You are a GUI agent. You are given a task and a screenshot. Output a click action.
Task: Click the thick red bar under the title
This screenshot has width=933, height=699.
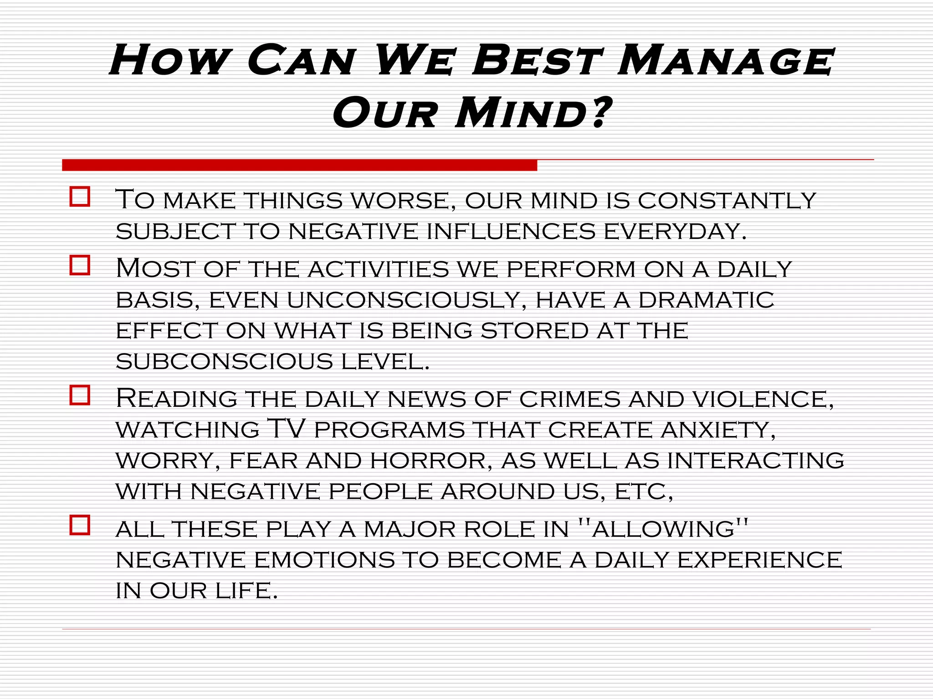299,165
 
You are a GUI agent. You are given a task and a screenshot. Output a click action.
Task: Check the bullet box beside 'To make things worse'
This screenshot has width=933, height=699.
80,197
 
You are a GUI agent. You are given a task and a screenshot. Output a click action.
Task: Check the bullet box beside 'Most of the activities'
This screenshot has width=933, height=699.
80,265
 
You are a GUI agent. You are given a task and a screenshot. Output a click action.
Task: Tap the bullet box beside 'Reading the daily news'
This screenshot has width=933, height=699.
80,395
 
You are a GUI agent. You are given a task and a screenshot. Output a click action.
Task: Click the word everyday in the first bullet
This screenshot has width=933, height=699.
675,231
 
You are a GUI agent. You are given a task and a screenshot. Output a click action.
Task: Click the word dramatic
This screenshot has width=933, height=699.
706,300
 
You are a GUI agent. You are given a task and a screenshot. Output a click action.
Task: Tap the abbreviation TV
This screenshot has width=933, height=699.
286,428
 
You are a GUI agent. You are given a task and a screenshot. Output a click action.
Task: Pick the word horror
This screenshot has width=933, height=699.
431,461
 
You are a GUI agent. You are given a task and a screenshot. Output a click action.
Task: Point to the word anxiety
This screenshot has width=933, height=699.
718,430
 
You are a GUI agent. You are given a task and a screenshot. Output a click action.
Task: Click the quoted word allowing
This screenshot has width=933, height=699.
663,529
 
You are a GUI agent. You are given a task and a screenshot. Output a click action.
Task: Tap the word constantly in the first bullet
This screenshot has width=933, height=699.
727,201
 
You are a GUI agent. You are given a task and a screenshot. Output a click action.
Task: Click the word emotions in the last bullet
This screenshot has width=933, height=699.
324,560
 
